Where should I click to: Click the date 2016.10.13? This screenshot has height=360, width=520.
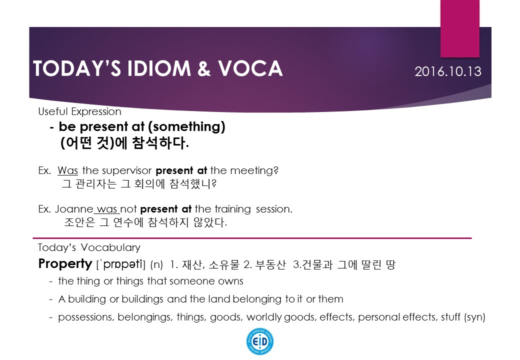click(447, 71)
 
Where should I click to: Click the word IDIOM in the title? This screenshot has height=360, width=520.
click(159, 68)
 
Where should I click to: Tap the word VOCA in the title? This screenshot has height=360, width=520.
click(250, 68)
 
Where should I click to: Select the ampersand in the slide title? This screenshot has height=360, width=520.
click(204, 68)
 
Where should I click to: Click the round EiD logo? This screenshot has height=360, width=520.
click(260, 341)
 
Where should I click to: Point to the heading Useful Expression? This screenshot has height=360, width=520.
click(79, 111)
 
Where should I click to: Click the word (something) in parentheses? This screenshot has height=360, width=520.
click(186, 126)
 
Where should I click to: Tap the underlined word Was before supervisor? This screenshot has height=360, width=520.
click(67, 170)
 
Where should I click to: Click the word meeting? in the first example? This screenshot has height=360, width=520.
click(254, 170)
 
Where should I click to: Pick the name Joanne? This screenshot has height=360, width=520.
click(74, 209)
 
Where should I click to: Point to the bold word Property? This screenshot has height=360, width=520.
click(65, 264)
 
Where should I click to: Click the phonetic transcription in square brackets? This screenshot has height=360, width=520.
click(120, 264)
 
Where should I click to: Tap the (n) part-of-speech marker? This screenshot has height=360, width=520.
click(156, 265)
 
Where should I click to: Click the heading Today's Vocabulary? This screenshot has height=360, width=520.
click(89, 247)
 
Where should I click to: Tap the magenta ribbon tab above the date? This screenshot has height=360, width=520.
click(460, 28)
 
